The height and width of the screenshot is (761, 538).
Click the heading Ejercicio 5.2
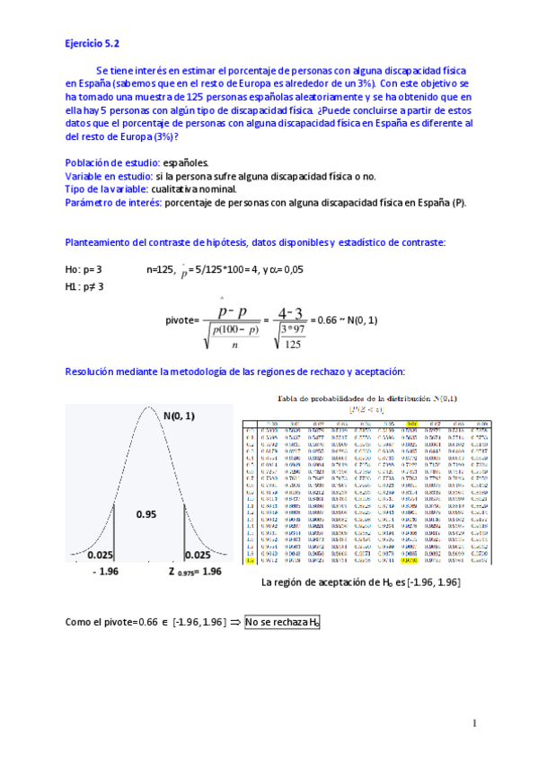coord(93,42)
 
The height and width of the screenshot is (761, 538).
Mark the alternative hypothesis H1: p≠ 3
coord(84,286)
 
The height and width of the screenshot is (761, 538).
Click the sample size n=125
coord(162,269)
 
